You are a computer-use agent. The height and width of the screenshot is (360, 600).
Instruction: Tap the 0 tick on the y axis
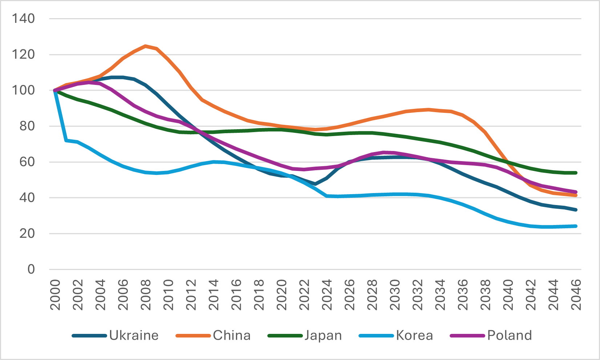31,269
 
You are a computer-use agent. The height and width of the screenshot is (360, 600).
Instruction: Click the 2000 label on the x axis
55,295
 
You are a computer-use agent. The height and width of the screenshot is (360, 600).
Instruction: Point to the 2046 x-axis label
576,295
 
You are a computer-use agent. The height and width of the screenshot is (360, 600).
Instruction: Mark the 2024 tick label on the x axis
327,295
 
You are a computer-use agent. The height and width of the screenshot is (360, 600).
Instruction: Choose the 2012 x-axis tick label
191,295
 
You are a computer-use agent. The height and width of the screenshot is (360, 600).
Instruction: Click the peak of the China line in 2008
146,46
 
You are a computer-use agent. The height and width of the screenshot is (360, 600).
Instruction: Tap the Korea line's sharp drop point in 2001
66,140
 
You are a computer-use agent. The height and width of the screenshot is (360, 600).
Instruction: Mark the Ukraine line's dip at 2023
315,184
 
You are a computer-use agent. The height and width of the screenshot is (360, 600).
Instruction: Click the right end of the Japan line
576,173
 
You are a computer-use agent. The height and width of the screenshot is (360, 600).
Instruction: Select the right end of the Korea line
576,226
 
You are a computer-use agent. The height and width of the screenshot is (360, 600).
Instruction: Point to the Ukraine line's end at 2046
576,210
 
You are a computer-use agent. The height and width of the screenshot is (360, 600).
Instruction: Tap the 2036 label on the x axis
463,295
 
